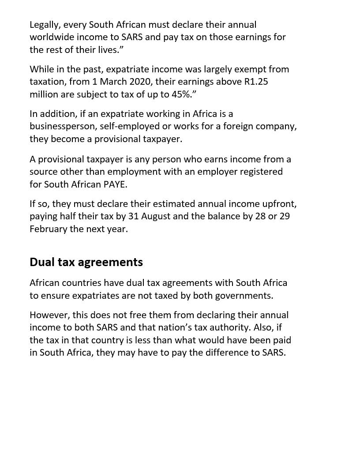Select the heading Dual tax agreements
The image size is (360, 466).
86,262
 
